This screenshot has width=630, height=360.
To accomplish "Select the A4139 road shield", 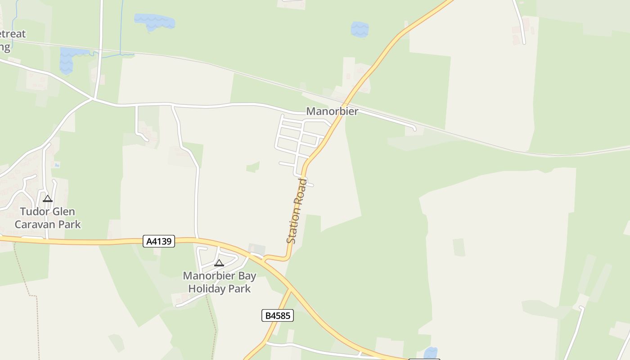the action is click(159, 241).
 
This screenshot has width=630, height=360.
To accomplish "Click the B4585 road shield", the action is click(277, 315).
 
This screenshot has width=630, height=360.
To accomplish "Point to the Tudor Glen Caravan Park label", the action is click(48, 218).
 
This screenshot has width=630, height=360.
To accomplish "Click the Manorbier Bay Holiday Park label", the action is click(219, 282).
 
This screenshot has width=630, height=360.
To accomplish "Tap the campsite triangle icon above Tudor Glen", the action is click(48, 199).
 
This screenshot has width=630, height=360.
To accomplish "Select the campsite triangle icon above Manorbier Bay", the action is click(219, 263).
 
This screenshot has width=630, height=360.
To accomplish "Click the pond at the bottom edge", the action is click(431, 353).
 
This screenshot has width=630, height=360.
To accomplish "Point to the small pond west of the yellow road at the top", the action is click(360, 29).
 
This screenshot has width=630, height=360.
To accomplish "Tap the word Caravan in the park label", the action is click(34, 224).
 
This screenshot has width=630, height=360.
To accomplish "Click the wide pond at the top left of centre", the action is click(154, 21).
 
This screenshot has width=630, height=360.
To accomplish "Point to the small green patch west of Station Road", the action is click(253, 167).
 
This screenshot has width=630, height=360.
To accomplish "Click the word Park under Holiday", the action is click(240, 288).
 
